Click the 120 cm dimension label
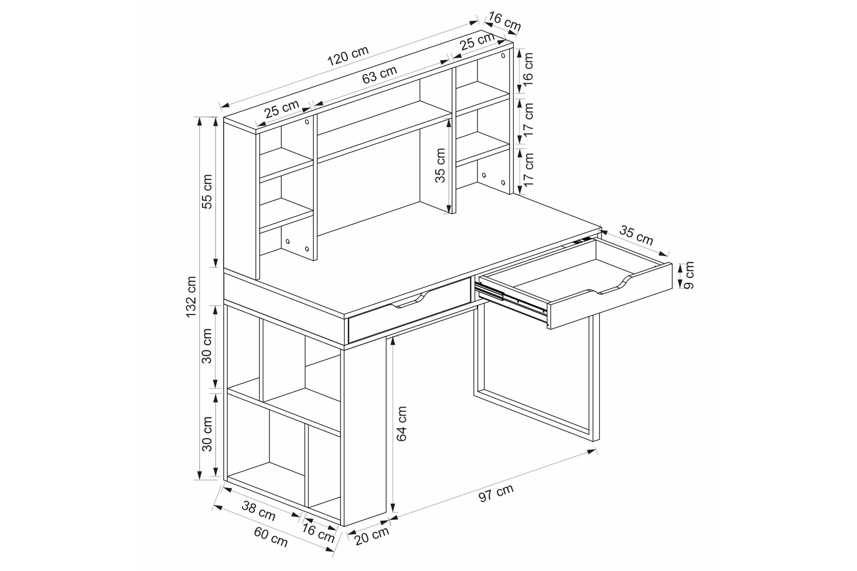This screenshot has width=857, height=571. (x=348, y=55)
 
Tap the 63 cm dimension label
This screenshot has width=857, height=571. (x=379, y=74)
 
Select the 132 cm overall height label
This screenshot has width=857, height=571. (x=191, y=297)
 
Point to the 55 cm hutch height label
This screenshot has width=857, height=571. (x=207, y=191)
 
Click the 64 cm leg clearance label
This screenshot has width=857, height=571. (x=402, y=423)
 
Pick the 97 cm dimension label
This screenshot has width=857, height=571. (x=496, y=492)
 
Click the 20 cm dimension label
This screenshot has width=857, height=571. (x=372, y=536)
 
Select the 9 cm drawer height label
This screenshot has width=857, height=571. (x=689, y=276)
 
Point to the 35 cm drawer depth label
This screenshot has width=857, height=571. (x=637, y=236)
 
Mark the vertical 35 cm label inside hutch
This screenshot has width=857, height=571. (x=440, y=165)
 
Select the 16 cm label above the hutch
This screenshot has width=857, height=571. (x=505, y=22)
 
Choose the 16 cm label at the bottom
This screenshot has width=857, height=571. (x=318, y=533)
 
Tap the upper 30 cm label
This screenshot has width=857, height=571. (x=207, y=346)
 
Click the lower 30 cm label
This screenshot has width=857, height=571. (x=207, y=434)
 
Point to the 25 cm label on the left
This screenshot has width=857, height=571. (x=282, y=109)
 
